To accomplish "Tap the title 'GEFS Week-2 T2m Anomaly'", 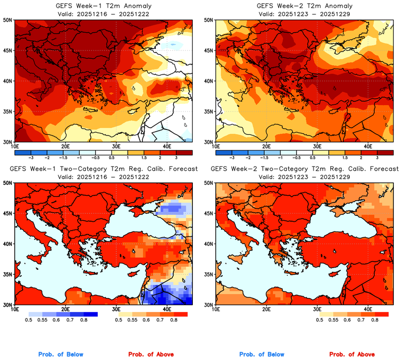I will coord(304,5).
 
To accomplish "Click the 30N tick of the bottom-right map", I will coord(209,305).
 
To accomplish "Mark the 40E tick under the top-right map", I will coord(368,146).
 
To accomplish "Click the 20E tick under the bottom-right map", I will coord(266,308).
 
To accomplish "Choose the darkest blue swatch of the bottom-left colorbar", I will coord(89,314).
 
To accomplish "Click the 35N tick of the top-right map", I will coord(209,111).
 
